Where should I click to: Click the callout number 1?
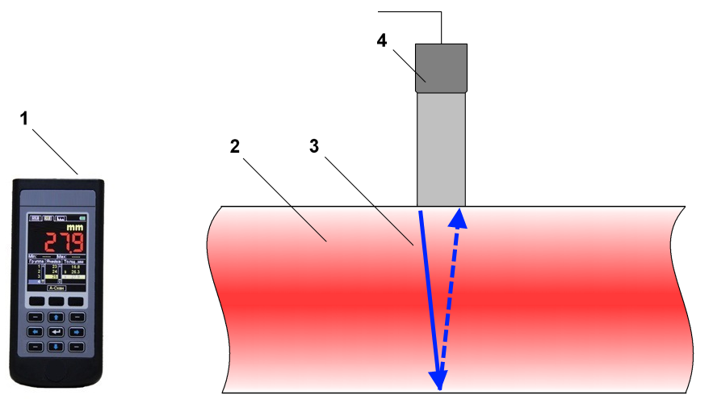click(24, 118)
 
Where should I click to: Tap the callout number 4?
click(382, 41)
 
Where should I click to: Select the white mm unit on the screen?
click(76, 229)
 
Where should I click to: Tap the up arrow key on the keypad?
click(57, 316)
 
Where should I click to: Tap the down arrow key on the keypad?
click(57, 347)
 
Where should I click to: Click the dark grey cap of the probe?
click(442, 67)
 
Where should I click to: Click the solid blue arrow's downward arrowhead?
click(438, 378)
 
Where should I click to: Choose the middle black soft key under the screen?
click(57, 301)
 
